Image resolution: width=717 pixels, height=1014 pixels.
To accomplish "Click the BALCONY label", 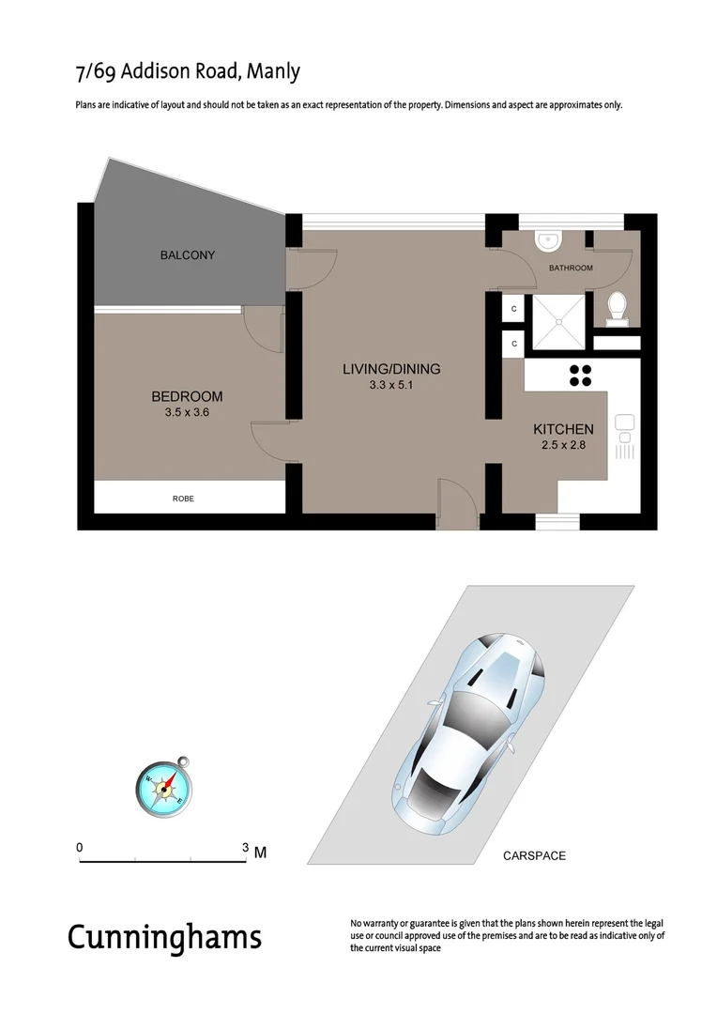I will point(187,255).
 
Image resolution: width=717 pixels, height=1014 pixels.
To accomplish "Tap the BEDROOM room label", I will point(187,396).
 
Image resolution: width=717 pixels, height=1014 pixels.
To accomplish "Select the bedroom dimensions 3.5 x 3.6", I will point(187,411).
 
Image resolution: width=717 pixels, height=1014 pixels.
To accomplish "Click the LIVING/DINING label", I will point(391,369).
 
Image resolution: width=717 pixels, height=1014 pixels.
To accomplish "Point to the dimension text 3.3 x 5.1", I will point(391,384).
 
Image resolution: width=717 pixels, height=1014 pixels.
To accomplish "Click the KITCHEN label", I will point(563,429).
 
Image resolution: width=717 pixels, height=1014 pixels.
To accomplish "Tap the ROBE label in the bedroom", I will point(183,499).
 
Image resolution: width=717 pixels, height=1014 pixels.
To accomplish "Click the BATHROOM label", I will point(571,268).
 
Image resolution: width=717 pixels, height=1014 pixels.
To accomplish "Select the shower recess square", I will point(559,320).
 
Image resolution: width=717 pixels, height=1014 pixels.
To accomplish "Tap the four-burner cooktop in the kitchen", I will point(580,375).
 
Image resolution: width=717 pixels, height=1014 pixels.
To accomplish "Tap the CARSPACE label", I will point(534,856).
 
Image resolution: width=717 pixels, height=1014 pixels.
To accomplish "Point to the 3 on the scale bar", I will point(246,847).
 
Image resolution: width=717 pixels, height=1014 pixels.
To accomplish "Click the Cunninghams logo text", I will point(164,936).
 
